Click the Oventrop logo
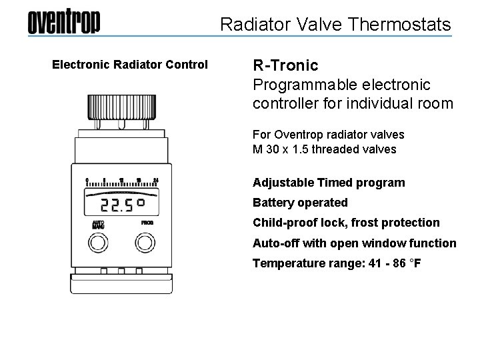(64, 23)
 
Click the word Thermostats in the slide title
(405, 25)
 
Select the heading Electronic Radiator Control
(130, 65)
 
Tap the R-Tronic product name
(285, 65)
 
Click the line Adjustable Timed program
(329, 183)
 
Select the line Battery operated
(300, 203)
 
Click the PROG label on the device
(147, 223)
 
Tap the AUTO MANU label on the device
(98, 224)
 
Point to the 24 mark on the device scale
(156, 180)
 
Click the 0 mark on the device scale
(87, 180)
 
